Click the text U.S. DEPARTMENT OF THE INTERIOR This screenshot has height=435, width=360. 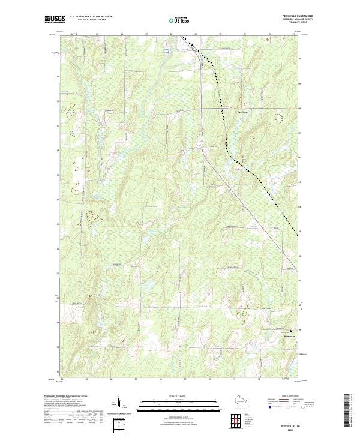tap(91, 17)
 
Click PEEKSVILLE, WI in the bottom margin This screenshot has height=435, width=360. tap(294, 424)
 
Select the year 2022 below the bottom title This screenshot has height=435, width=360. tap(294, 429)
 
